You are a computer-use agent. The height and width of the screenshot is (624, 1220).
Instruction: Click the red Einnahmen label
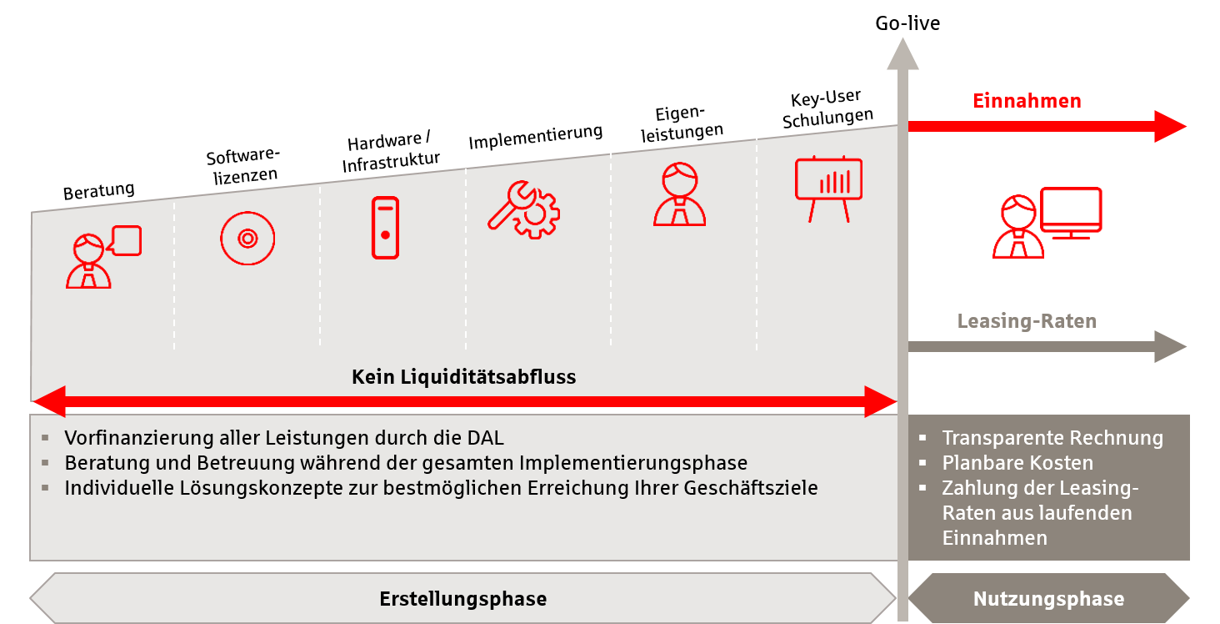click(1027, 102)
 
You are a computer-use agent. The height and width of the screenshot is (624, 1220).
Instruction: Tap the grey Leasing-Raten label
click(1027, 321)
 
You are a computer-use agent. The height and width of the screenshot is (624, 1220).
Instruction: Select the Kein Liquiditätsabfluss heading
click(463, 377)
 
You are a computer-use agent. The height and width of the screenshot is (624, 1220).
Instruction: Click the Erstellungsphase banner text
click(462, 599)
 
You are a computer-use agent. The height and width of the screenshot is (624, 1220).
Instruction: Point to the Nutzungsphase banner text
click(1048, 599)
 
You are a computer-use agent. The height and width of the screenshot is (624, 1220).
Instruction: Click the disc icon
click(247, 239)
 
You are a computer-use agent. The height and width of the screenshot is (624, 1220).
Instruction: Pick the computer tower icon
click(384, 227)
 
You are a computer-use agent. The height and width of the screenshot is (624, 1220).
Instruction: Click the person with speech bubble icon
click(102, 257)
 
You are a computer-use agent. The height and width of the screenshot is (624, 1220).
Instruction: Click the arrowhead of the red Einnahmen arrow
click(1170, 127)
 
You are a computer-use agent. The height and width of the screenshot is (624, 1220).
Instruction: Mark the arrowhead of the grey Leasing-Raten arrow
click(1170, 346)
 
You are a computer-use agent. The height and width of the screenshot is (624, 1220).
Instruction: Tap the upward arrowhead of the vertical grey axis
click(902, 53)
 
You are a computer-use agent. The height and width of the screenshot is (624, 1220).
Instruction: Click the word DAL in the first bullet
click(485, 438)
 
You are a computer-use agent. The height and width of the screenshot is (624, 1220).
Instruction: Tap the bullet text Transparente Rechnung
click(1052, 438)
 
